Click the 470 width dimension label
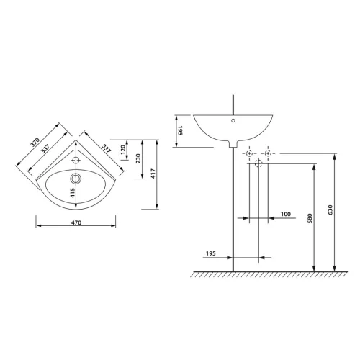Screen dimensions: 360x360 [x=76, y=222]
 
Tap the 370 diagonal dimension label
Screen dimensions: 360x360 [x=35, y=142]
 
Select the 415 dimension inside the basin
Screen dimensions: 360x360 [x=73, y=193]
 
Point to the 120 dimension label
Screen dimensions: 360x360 [x=123, y=150]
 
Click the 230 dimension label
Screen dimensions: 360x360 [x=138, y=158]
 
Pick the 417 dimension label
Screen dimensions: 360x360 [x=153, y=174]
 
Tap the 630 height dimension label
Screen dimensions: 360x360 [x=330, y=210]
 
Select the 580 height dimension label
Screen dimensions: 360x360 [x=310, y=218]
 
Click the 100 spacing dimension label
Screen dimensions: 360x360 [x=286, y=214]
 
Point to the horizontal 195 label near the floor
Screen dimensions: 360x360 [x=211, y=253]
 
